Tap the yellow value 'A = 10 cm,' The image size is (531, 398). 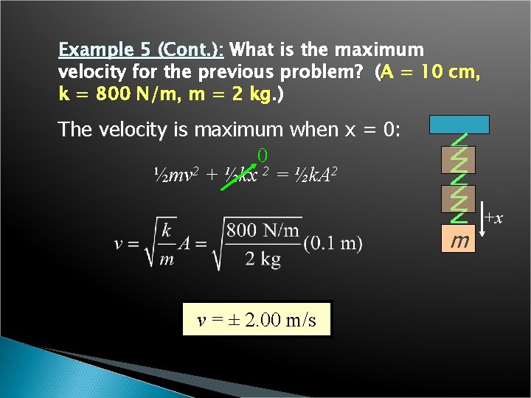431,74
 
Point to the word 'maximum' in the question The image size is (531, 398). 381,50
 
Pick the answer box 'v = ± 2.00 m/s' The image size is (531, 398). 257,320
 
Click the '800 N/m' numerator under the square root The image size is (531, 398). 263,230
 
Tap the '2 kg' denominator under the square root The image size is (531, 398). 263,259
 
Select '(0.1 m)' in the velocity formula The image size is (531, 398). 333,243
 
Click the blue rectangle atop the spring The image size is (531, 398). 461,125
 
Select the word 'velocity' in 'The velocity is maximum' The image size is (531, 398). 129,129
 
